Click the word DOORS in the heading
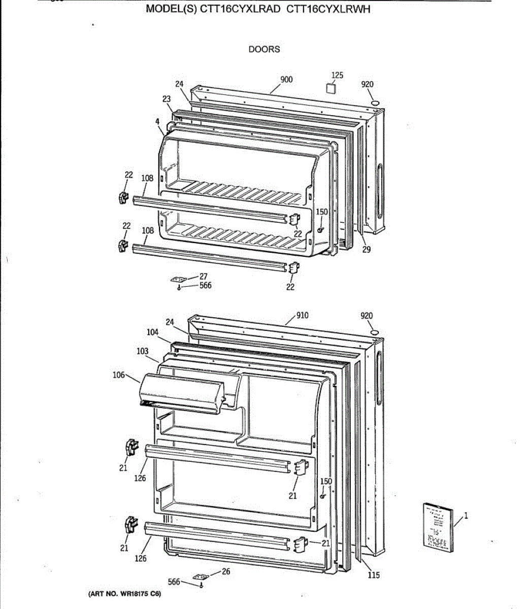coord(264,49)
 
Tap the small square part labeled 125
coord(331,88)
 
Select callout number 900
coord(286,79)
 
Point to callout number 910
coord(302,315)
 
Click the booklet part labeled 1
coord(436,526)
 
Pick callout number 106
coord(118,375)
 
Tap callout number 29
coord(367,249)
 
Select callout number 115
coord(374,575)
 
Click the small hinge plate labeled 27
coord(178,279)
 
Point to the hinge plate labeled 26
coord(202,578)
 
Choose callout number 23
coord(167,99)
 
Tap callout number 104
coord(152,332)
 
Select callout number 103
coord(143,351)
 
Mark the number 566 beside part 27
coord(205,285)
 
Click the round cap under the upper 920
coord(375,104)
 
